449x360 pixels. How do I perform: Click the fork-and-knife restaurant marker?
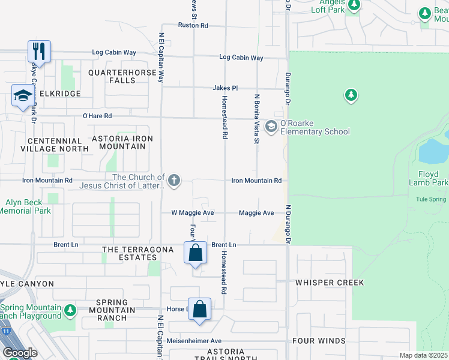point(39,50)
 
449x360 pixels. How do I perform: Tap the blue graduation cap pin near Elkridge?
point(23,95)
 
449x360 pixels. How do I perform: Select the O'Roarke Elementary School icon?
point(271,126)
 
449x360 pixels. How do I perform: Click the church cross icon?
point(174,181)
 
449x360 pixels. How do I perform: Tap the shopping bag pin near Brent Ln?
point(195,253)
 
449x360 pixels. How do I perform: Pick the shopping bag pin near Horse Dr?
point(200,310)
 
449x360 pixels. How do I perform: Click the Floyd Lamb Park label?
point(429,178)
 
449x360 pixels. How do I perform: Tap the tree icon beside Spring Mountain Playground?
point(70,310)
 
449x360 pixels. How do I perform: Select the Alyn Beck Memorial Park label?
point(25,206)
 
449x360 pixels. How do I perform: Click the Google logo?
point(19,352)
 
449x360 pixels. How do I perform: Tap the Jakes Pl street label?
point(226,88)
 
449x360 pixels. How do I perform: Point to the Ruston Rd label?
point(193,26)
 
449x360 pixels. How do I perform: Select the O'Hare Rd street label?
point(97,116)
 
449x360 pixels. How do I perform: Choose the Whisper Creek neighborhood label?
point(328,282)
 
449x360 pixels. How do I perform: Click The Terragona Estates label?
point(130,253)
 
